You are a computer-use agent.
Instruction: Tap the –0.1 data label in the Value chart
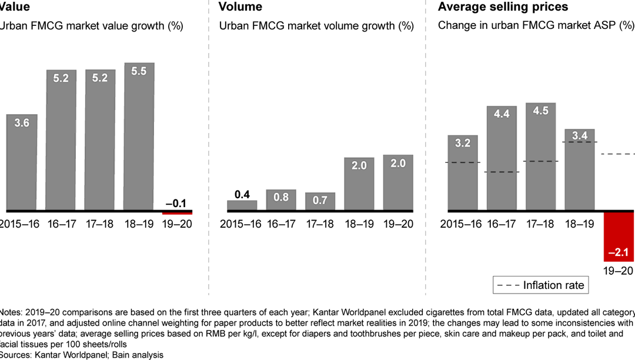(176, 203)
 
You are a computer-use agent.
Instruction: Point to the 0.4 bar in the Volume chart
(242, 205)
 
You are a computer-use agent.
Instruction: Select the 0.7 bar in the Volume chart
(320, 201)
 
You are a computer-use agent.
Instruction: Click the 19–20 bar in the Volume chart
(398, 182)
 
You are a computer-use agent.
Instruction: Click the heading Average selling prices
(503, 7)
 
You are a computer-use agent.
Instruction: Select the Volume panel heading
(240, 7)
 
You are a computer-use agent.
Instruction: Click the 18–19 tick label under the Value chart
(139, 224)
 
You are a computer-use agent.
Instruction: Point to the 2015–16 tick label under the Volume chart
(240, 224)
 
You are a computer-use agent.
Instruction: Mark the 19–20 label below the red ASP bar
(619, 271)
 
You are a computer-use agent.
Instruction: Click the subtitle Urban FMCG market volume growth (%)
(316, 26)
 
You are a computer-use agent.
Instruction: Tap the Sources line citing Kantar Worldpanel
(82, 355)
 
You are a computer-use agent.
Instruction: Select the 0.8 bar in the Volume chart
(281, 200)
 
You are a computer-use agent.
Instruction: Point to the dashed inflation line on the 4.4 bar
(502, 172)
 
